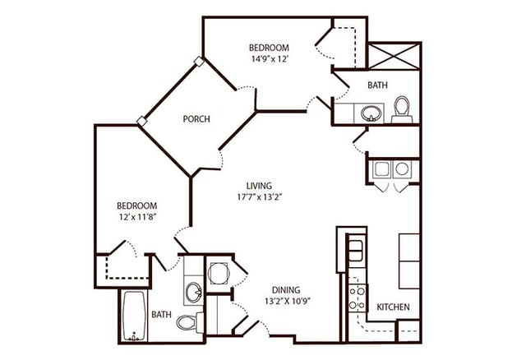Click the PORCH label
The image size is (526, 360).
[196, 119]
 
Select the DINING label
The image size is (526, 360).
[286, 290]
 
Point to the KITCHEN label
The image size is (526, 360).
[392, 307]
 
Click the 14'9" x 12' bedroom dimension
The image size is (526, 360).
[270, 59]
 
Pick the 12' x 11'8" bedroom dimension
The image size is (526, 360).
[136, 217]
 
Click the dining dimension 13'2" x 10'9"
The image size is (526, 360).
[286, 301]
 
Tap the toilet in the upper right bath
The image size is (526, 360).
[401, 108]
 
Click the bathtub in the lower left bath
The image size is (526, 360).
[133, 316]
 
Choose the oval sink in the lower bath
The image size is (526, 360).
[192, 291]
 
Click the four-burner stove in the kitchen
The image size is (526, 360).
[356, 297]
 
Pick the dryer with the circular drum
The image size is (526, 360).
[402, 169]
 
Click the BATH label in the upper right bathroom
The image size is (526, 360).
[377, 85]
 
